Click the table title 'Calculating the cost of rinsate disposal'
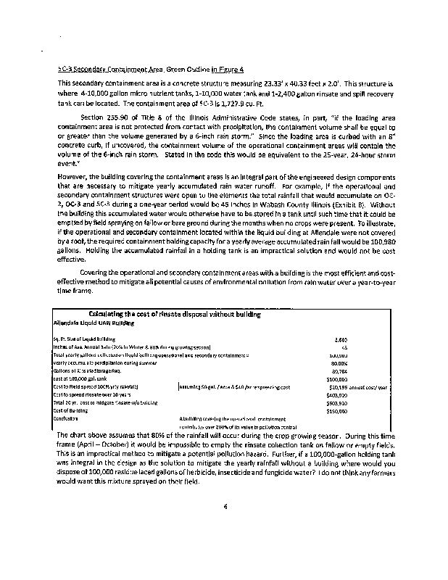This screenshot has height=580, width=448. coord(174,313)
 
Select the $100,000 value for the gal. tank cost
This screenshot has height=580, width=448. coord(337,378)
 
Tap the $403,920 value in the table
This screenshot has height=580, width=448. coord(337,394)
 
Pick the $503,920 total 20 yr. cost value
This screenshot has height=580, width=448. coord(337,402)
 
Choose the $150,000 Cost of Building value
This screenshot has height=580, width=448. coord(337,410)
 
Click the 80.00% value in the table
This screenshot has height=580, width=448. coord(339,362)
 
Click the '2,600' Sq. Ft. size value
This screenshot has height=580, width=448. coord(341,339)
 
